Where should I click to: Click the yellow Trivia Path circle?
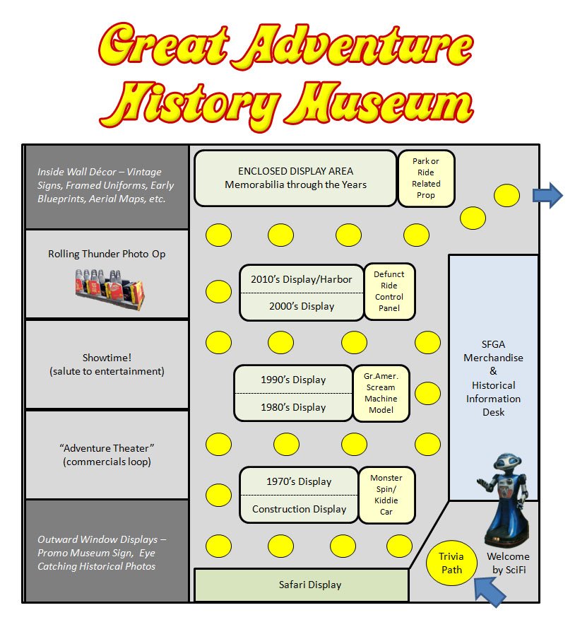coord(451,563)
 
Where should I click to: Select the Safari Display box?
coord(301,585)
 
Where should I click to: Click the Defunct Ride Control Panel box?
coord(389,291)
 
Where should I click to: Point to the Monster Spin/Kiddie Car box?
coord(386,495)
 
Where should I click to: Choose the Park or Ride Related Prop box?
coord(426,178)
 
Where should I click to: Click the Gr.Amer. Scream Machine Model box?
coord(381,393)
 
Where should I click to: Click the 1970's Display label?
coord(299,481)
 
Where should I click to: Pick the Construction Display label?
coord(299,509)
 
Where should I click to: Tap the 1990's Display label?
coord(293,380)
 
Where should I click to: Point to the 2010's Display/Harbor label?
coord(302,279)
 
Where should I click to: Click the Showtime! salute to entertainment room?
coord(107,364)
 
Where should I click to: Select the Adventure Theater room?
coord(107,455)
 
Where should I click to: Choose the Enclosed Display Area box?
coord(295,178)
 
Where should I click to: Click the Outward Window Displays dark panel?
coord(107,551)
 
